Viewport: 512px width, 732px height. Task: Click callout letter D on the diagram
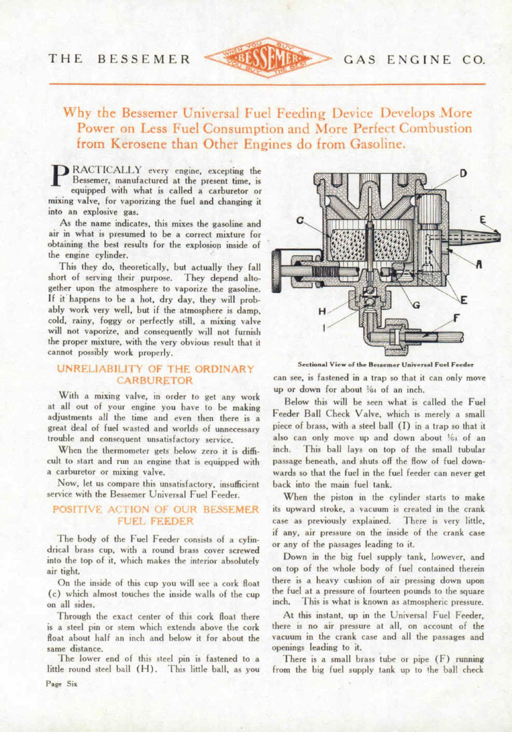point(462,174)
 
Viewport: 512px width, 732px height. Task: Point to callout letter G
point(415,305)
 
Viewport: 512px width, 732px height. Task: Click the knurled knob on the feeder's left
point(278,268)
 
